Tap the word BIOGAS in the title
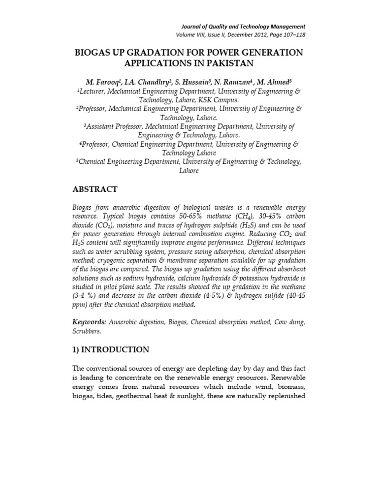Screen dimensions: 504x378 tap(96, 52)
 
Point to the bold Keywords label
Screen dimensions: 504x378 tap(89, 321)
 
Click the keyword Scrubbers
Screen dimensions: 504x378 tap(87, 331)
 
